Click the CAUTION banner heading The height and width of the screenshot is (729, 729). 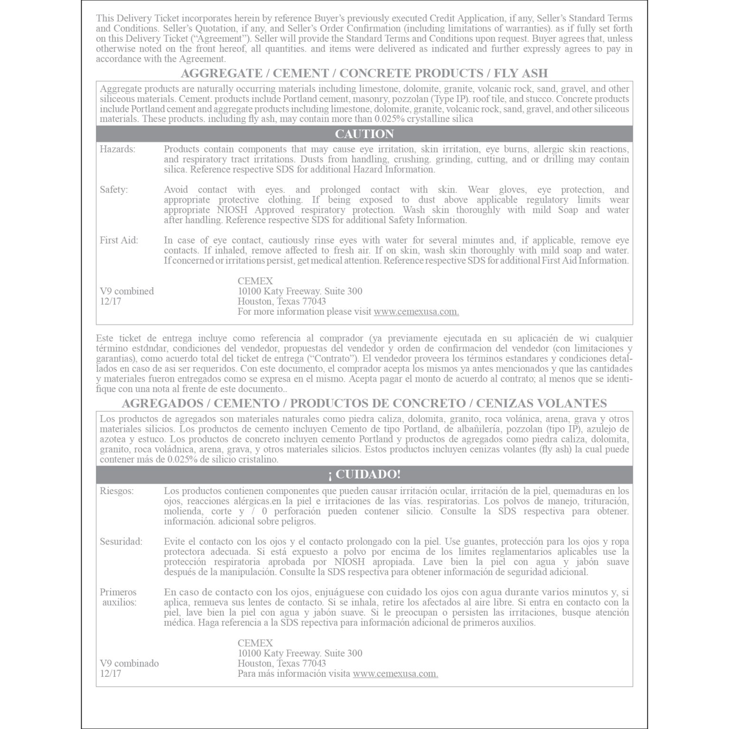pyautogui.click(x=364, y=134)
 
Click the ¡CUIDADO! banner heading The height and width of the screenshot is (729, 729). pyautogui.click(x=364, y=475)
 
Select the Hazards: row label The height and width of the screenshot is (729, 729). pyautogui.click(x=117, y=150)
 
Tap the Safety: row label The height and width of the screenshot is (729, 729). pyautogui.click(x=113, y=190)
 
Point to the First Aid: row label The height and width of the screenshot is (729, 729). pyautogui.click(x=119, y=241)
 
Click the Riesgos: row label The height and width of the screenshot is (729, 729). pyautogui.click(x=116, y=491)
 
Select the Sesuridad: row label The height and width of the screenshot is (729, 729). pyautogui.click(x=121, y=542)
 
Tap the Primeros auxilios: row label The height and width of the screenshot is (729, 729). pyautogui.click(x=118, y=597)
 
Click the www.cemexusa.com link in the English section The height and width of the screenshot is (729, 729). pyautogui.click(x=416, y=312)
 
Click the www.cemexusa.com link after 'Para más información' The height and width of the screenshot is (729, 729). pyautogui.click(x=395, y=673)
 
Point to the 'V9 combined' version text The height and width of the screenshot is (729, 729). pyautogui.click(x=127, y=291)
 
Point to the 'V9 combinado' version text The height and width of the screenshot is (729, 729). pyautogui.click(x=129, y=664)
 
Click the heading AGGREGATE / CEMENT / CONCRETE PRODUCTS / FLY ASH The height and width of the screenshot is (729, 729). pyautogui.click(x=364, y=74)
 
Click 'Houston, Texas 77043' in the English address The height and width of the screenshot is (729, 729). pyautogui.click(x=281, y=301)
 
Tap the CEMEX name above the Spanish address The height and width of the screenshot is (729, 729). pyautogui.click(x=255, y=643)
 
